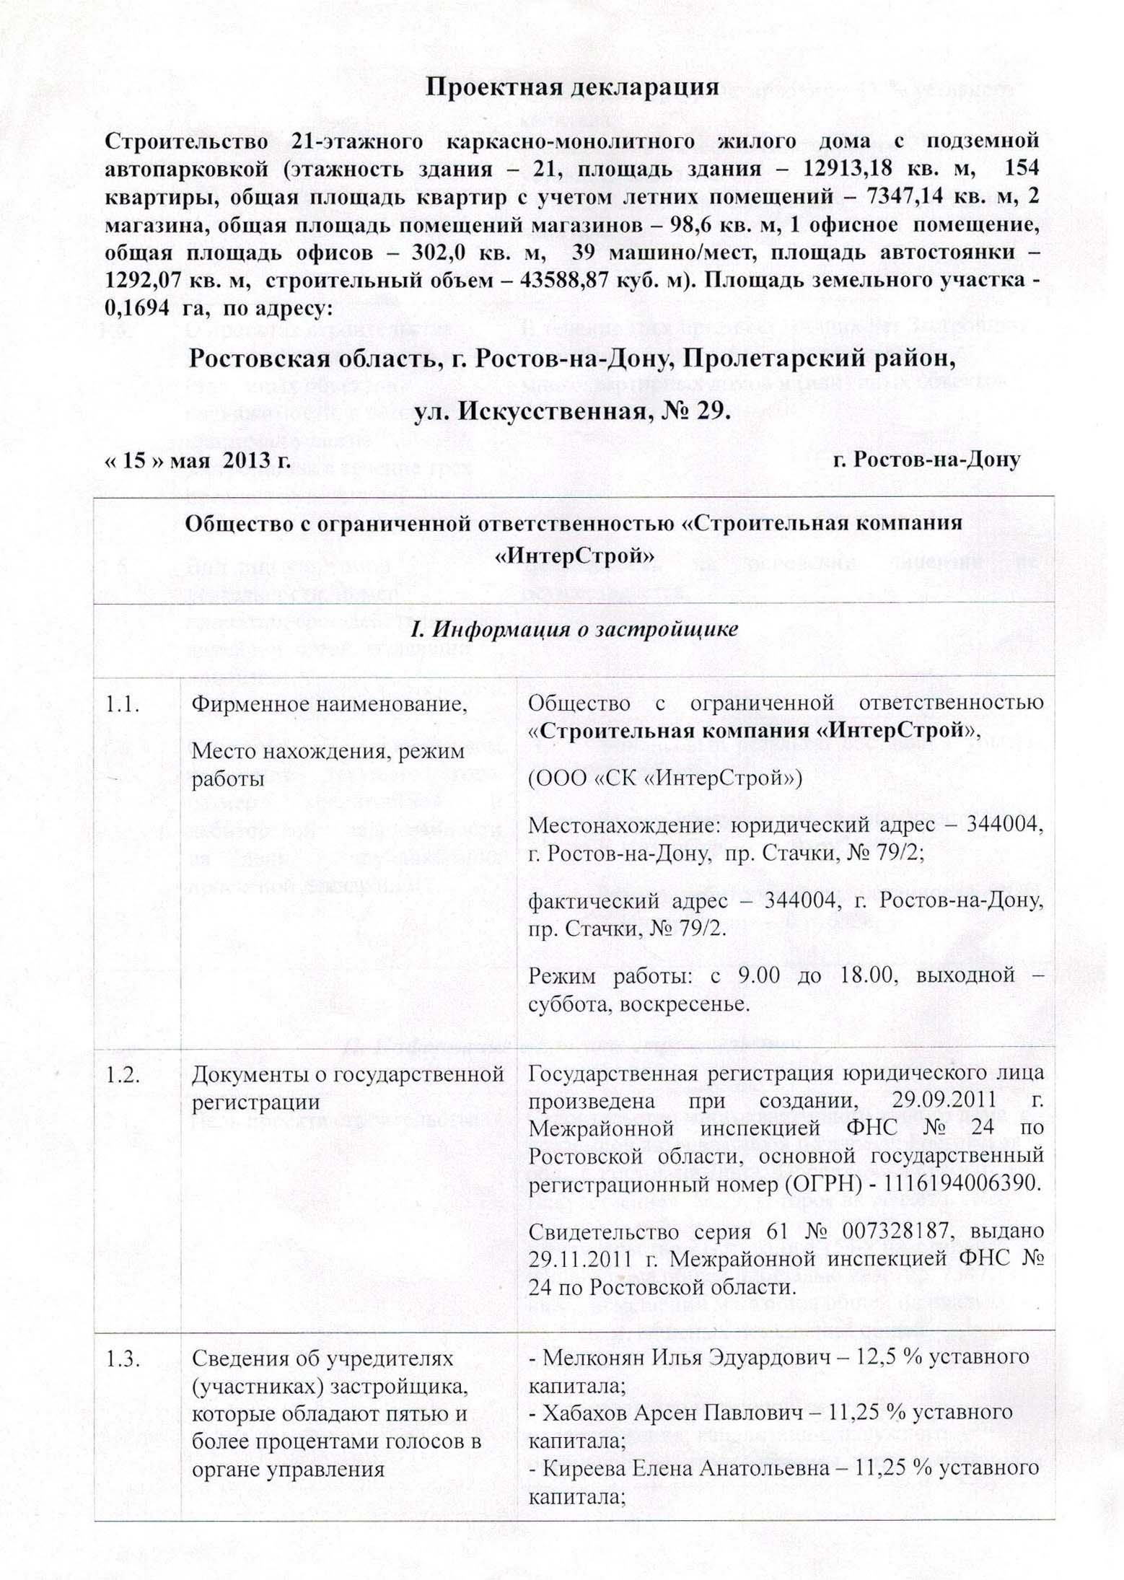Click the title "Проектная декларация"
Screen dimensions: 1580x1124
[x=572, y=87]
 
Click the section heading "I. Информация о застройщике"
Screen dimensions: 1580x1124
[x=572, y=628]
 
